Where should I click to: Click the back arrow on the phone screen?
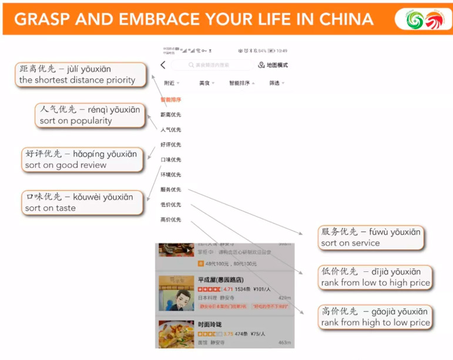[163, 65]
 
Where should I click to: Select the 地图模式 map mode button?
[273, 65]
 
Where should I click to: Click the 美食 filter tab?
[206, 83]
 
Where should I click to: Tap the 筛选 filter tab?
[276, 83]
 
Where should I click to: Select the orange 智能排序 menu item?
[171, 100]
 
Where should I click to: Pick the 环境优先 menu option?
[171, 174]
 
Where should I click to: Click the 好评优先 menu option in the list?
[171, 144]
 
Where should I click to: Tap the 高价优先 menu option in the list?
[171, 220]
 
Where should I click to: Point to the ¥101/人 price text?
[263, 290]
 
